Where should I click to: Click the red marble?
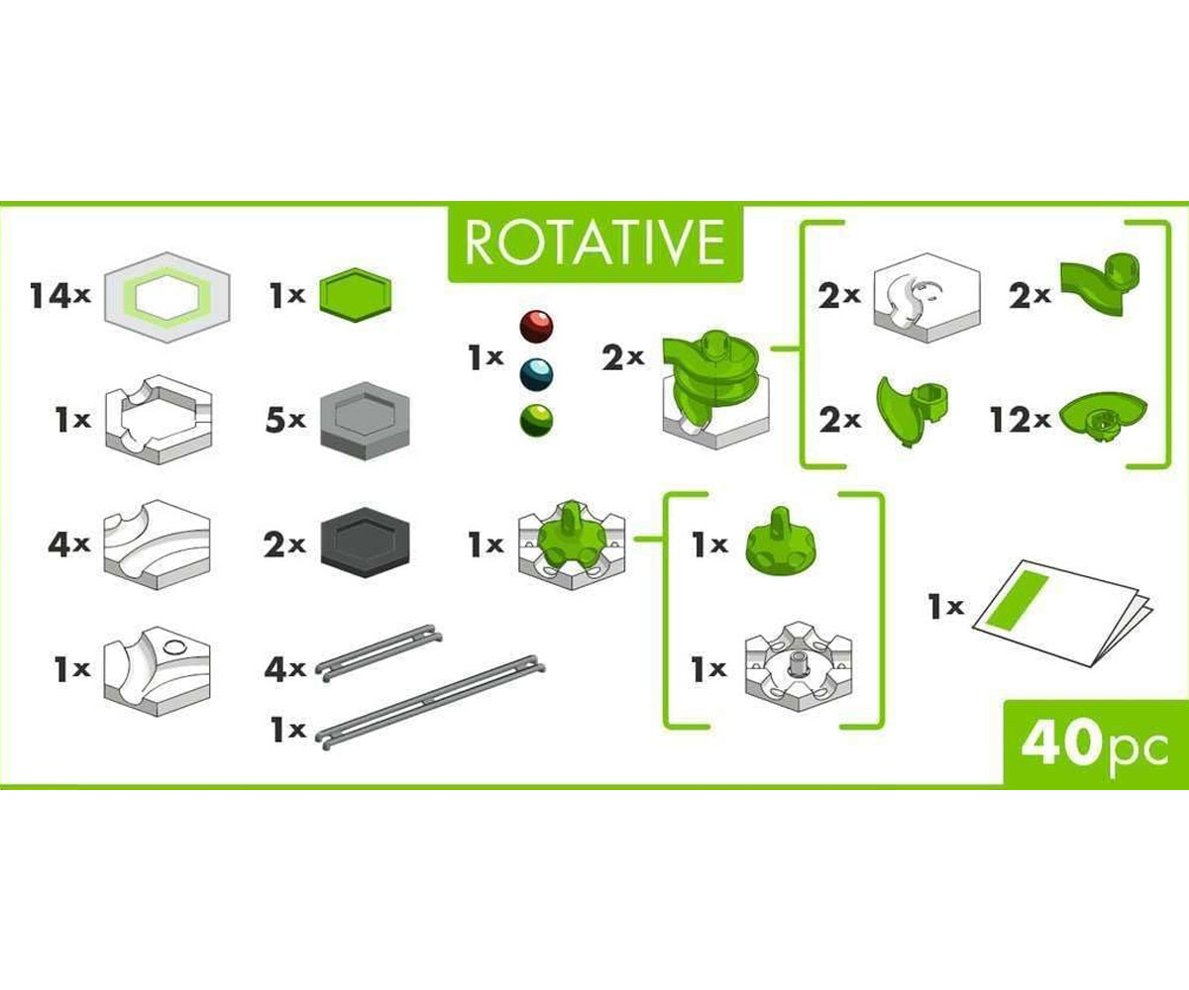click(x=536, y=326)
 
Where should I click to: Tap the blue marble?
click(x=536, y=374)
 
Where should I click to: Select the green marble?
click(x=536, y=421)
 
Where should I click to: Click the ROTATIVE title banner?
click(x=595, y=242)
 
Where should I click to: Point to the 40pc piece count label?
click(x=1095, y=744)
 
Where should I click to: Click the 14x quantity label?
click(x=60, y=296)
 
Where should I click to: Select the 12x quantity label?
click(x=1021, y=420)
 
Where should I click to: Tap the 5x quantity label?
click(x=285, y=420)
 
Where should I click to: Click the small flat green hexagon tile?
click(x=356, y=295)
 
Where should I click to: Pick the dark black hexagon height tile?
click(x=365, y=543)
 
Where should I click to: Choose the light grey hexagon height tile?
click(x=365, y=420)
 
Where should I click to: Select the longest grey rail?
click(x=430, y=703)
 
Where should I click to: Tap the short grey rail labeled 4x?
click(x=378, y=653)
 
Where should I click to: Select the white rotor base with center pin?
click(x=799, y=667)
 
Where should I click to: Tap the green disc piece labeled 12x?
click(x=1103, y=417)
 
